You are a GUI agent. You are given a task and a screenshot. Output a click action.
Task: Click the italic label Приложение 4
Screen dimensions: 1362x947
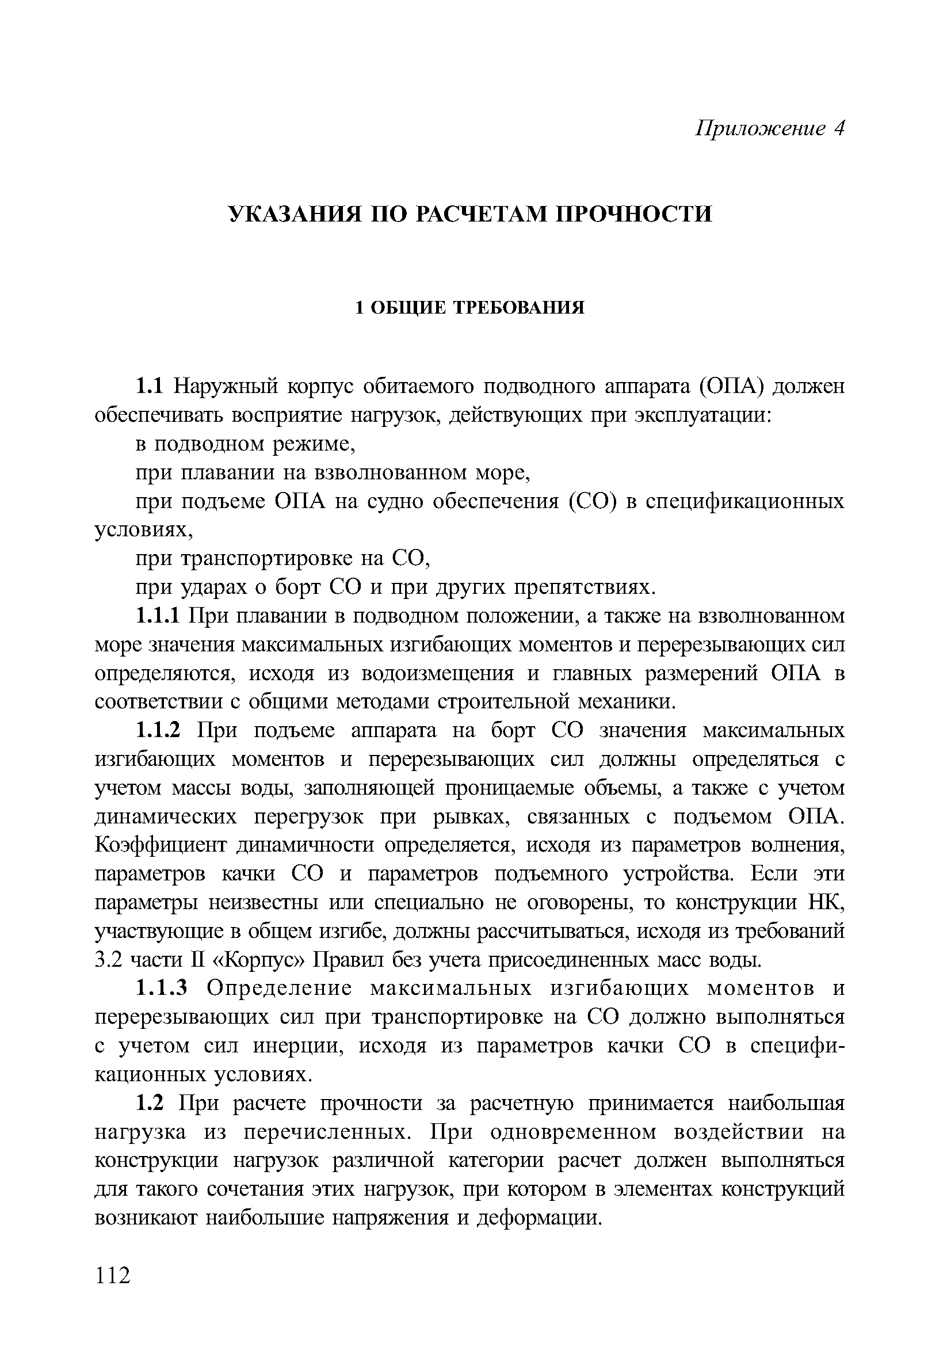click(x=769, y=128)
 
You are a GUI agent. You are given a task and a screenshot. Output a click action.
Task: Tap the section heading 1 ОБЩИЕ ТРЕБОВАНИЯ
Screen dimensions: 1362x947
click(x=469, y=308)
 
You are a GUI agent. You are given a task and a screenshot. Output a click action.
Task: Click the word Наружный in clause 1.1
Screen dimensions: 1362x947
click(x=226, y=387)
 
